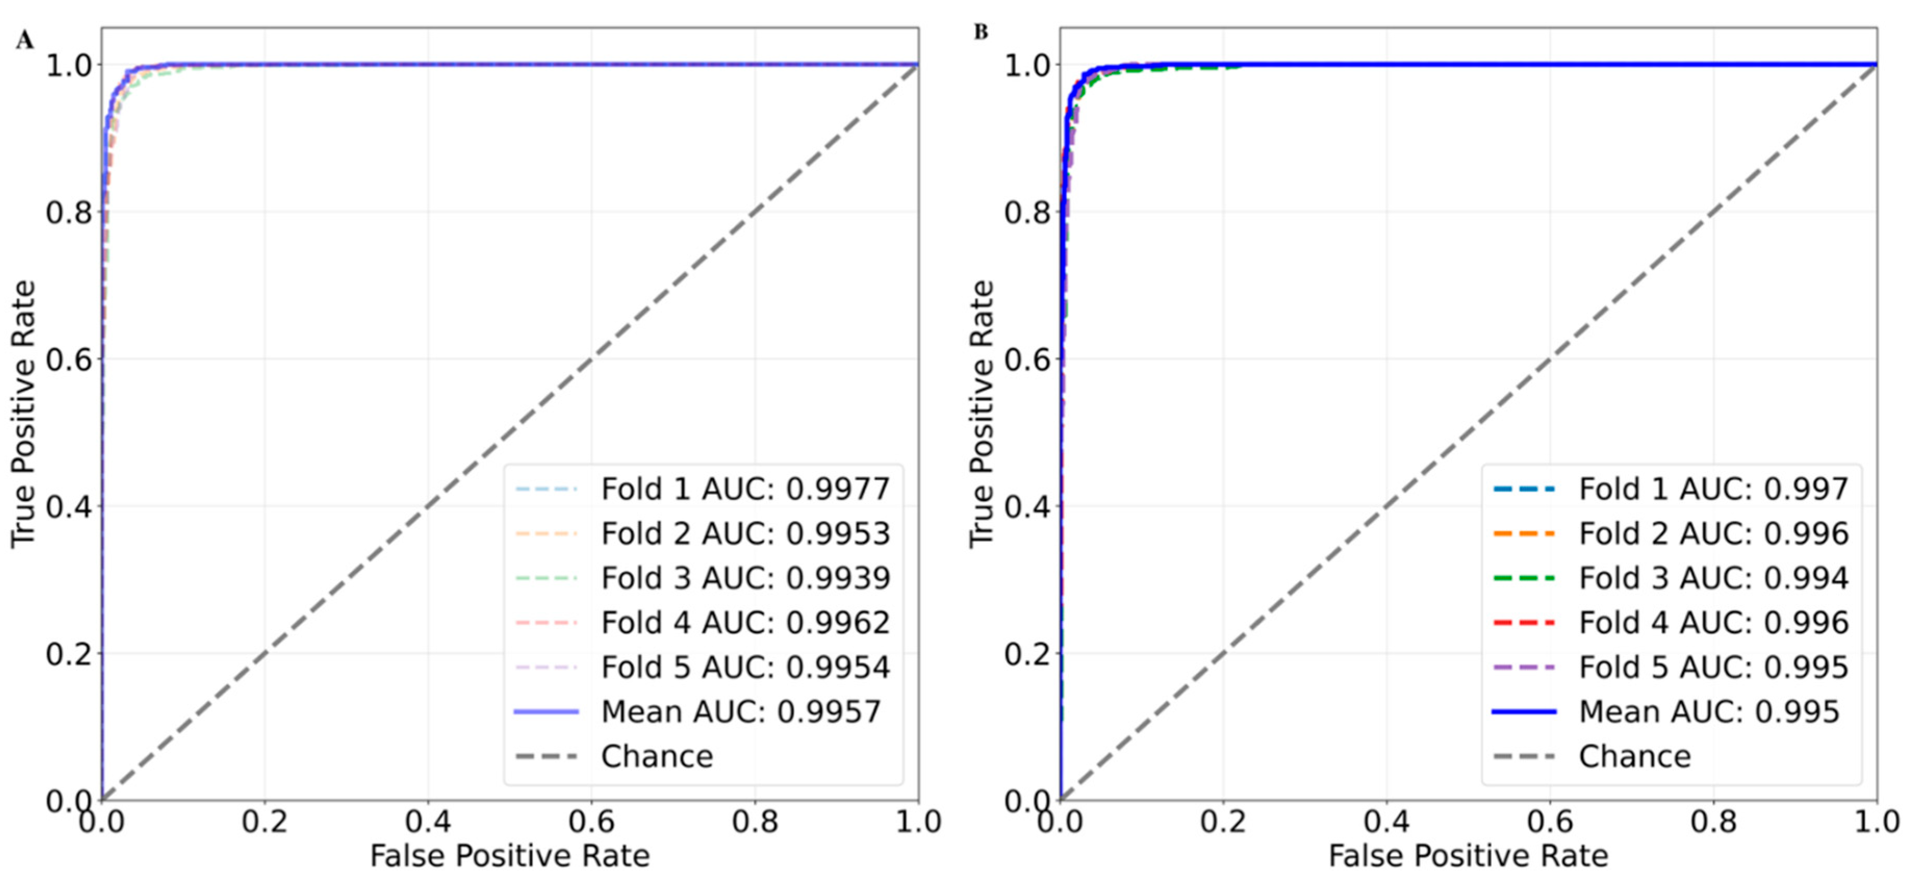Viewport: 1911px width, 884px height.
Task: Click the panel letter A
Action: [x=24, y=40]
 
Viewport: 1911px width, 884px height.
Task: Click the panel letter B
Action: [x=981, y=33]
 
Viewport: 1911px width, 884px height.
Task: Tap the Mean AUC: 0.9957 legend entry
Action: [x=740, y=712]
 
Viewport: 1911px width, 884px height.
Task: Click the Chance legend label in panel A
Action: [x=657, y=757]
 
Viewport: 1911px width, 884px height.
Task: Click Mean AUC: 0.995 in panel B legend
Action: [x=1709, y=712]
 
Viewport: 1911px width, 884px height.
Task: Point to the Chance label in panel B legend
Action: [x=1634, y=757]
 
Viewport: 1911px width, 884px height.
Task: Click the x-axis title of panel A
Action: [x=510, y=856]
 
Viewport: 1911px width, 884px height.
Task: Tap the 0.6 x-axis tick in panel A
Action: [x=591, y=822]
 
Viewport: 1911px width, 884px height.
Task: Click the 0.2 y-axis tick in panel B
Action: [x=1028, y=654]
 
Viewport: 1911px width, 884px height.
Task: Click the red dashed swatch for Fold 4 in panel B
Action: [x=1523, y=623]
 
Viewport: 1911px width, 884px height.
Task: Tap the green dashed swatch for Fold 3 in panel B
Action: [x=1523, y=579]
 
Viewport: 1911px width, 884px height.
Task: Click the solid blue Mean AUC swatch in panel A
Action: [x=546, y=712]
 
